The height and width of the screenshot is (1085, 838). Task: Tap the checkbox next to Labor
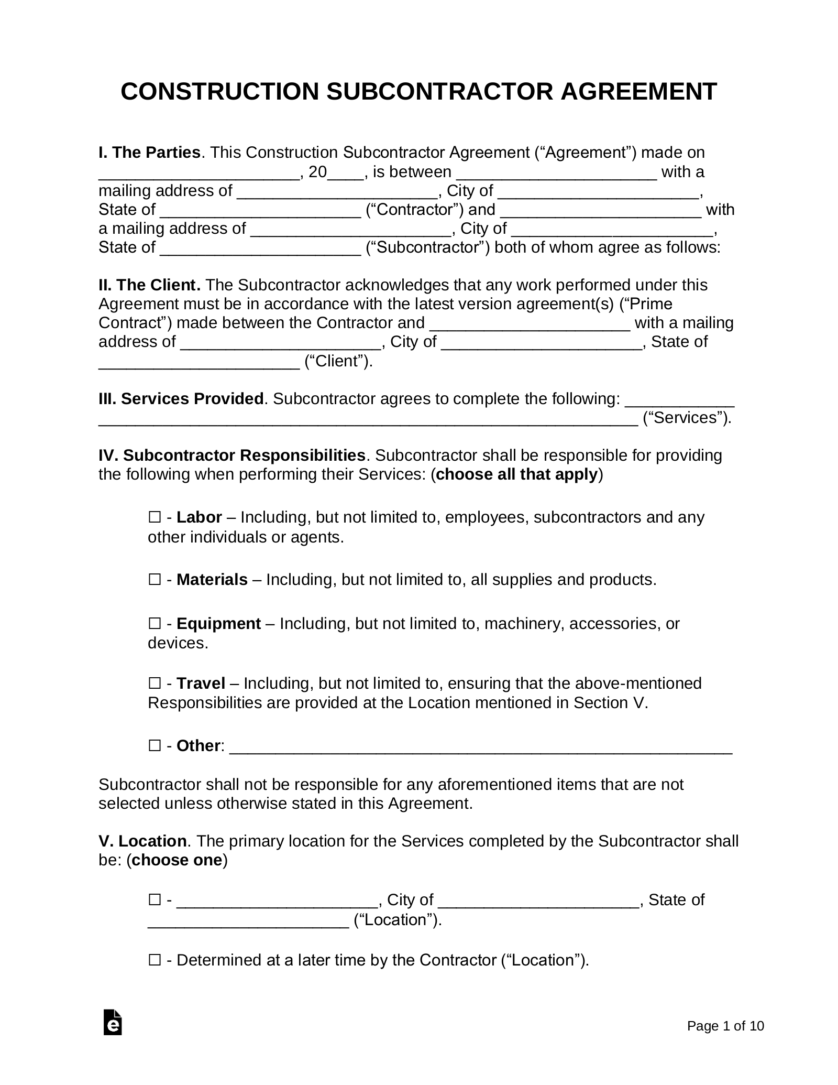click(x=154, y=517)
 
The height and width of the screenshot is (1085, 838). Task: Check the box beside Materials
click(x=154, y=579)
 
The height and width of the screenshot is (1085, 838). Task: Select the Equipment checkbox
click(x=154, y=623)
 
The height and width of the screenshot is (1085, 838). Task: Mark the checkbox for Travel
click(x=154, y=683)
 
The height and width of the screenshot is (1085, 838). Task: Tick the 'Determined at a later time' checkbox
click(x=154, y=960)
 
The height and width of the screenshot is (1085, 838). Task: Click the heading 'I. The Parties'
click(x=149, y=153)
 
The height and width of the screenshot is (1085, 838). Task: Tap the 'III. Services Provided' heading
click(x=181, y=399)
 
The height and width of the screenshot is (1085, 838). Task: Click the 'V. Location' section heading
click(x=142, y=841)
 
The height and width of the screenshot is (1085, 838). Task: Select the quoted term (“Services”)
click(x=687, y=418)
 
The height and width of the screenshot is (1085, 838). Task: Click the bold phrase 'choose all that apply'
click(x=516, y=474)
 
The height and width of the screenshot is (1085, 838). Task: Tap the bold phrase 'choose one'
click(x=177, y=860)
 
